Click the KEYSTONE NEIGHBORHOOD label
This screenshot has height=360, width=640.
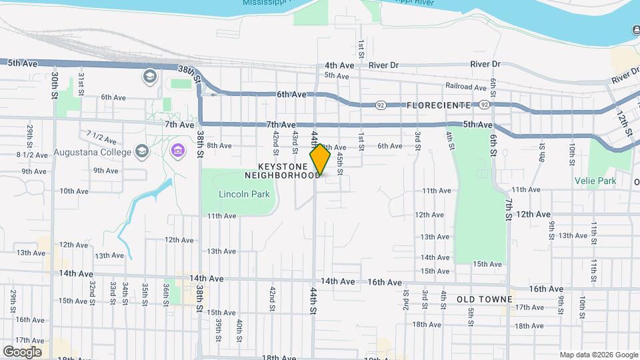click(x=282, y=171)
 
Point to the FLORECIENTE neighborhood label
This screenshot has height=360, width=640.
click(x=438, y=105)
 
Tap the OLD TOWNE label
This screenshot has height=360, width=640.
click(x=485, y=299)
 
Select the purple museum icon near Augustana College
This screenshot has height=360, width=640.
click(x=177, y=151)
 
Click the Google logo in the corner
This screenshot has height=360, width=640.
click(x=22, y=351)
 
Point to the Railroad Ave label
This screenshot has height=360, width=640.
click(x=466, y=87)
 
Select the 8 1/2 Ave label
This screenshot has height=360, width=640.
click(x=32, y=155)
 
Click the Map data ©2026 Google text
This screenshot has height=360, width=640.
click(x=598, y=355)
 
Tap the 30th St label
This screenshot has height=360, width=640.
click(x=55, y=87)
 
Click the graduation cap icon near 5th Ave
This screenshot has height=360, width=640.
click(x=149, y=77)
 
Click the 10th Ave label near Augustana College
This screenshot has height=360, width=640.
click(x=73, y=191)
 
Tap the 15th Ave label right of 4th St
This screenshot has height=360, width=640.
click(x=487, y=264)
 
